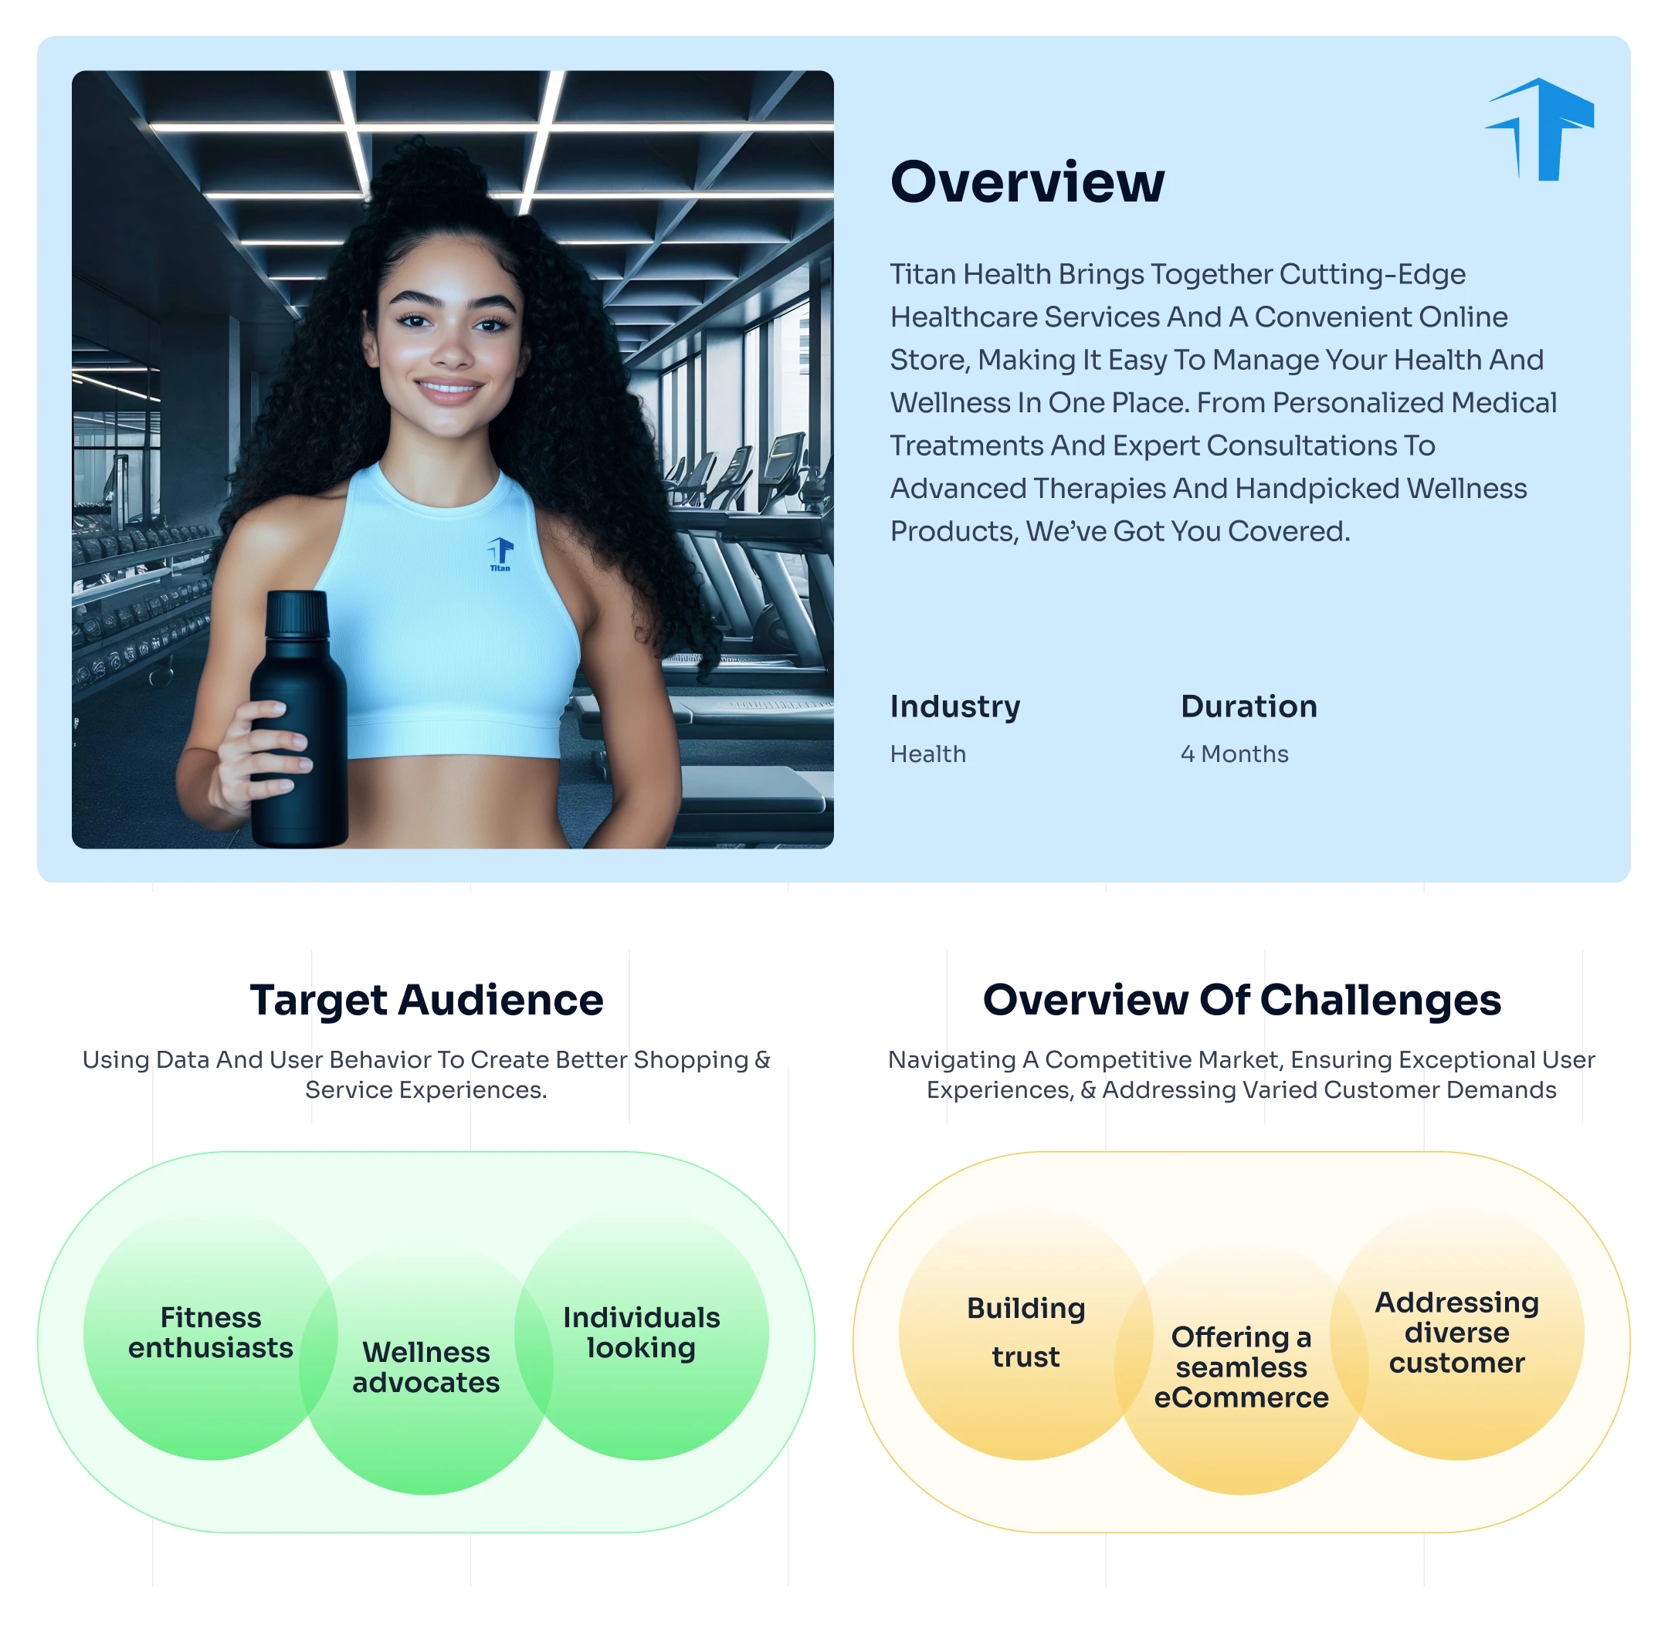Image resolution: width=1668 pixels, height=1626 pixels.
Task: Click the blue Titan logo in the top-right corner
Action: (x=1540, y=130)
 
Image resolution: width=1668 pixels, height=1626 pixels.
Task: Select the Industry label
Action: (x=954, y=706)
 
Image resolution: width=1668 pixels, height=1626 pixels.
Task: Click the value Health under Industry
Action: (x=927, y=754)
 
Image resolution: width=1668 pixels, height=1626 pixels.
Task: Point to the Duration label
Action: (x=1248, y=706)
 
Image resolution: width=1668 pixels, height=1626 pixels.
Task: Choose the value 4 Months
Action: (x=1233, y=754)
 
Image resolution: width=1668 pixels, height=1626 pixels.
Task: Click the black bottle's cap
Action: (x=297, y=614)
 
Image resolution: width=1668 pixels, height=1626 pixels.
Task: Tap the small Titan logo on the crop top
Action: (x=500, y=553)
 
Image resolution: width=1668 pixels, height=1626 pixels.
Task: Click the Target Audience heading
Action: (x=426, y=1000)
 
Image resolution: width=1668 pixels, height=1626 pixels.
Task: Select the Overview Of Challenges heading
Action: (x=1241, y=1000)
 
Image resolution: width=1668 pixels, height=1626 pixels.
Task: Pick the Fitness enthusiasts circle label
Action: (x=210, y=1333)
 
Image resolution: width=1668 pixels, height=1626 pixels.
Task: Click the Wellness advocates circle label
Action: (x=425, y=1367)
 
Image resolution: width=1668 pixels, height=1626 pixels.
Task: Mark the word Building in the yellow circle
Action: (x=1026, y=1309)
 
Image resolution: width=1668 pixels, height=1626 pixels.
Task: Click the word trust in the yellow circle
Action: (x=1025, y=1357)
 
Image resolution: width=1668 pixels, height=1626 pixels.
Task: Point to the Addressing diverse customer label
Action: (x=1456, y=1333)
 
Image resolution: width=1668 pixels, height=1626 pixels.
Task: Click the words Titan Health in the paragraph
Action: (x=970, y=274)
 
